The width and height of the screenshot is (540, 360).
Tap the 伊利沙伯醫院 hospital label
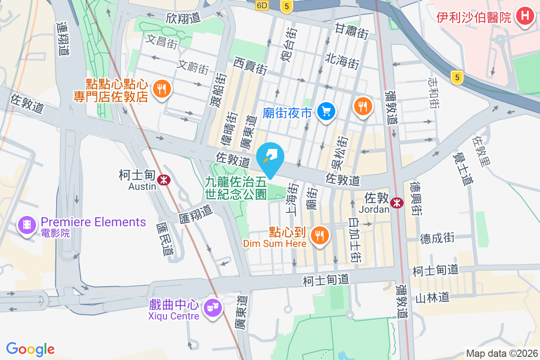pos(474,18)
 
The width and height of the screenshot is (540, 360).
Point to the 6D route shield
pos(262,5)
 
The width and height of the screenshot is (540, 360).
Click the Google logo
pos(30,349)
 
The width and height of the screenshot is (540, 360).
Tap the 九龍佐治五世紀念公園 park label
pos(236,188)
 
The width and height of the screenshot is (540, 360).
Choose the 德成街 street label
pos(437,238)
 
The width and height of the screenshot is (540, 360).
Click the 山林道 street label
pos(432,297)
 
